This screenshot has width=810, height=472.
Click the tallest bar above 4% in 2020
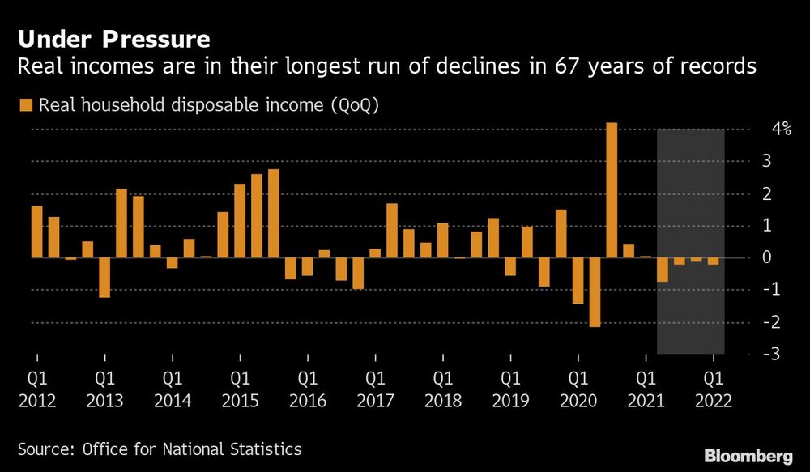pyautogui.click(x=612, y=190)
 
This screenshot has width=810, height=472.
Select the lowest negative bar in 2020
pyautogui.click(x=595, y=292)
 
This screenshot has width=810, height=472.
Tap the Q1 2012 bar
pyautogui.click(x=36, y=232)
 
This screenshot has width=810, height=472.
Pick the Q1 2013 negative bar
pyautogui.click(x=104, y=278)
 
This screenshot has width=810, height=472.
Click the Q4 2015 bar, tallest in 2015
pyautogui.click(x=273, y=214)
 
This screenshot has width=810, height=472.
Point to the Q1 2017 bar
pyautogui.click(x=375, y=253)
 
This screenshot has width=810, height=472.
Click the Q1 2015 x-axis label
pyautogui.click(x=240, y=389)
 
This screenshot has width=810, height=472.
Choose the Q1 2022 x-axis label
pyautogui.click(x=713, y=389)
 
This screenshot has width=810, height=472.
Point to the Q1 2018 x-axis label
pyautogui.click(x=442, y=389)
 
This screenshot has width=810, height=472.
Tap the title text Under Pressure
pyautogui.click(x=113, y=40)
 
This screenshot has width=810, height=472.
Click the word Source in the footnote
pyautogui.click(x=44, y=449)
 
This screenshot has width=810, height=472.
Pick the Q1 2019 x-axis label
pyautogui.click(x=510, y=389)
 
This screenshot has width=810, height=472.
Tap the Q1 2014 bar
pyautogui.click(x=172, y=263)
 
